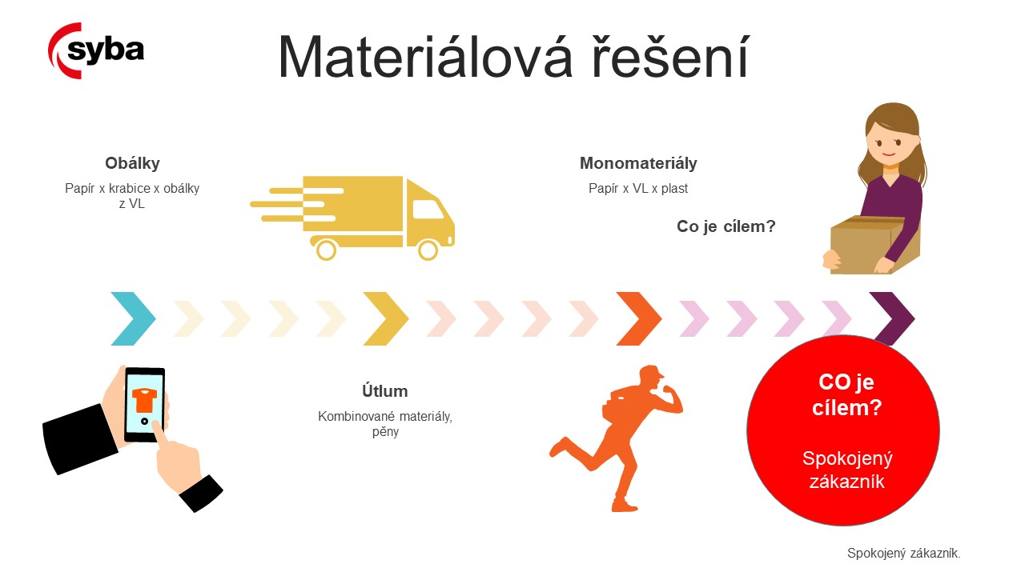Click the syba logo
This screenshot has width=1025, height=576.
(95, 50)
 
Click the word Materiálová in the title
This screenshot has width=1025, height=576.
(425, 57)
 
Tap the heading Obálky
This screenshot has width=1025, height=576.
(132, 163)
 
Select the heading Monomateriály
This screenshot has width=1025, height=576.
(638, 163)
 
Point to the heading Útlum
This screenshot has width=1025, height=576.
(385, 391)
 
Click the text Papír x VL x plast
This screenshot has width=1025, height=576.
(638, 188)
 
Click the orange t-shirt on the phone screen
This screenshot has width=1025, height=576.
(144, 399)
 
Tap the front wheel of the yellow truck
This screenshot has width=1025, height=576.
(428, 250)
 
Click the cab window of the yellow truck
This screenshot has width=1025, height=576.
(428, 210)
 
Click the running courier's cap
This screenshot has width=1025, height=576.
(652, 372)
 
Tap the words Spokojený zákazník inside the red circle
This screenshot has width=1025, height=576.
(847, 470)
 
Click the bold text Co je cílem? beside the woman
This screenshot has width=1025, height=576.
(726, 226)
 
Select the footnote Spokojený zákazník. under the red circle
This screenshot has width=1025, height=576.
(904, 553)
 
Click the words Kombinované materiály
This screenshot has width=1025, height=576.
(385, 417)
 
